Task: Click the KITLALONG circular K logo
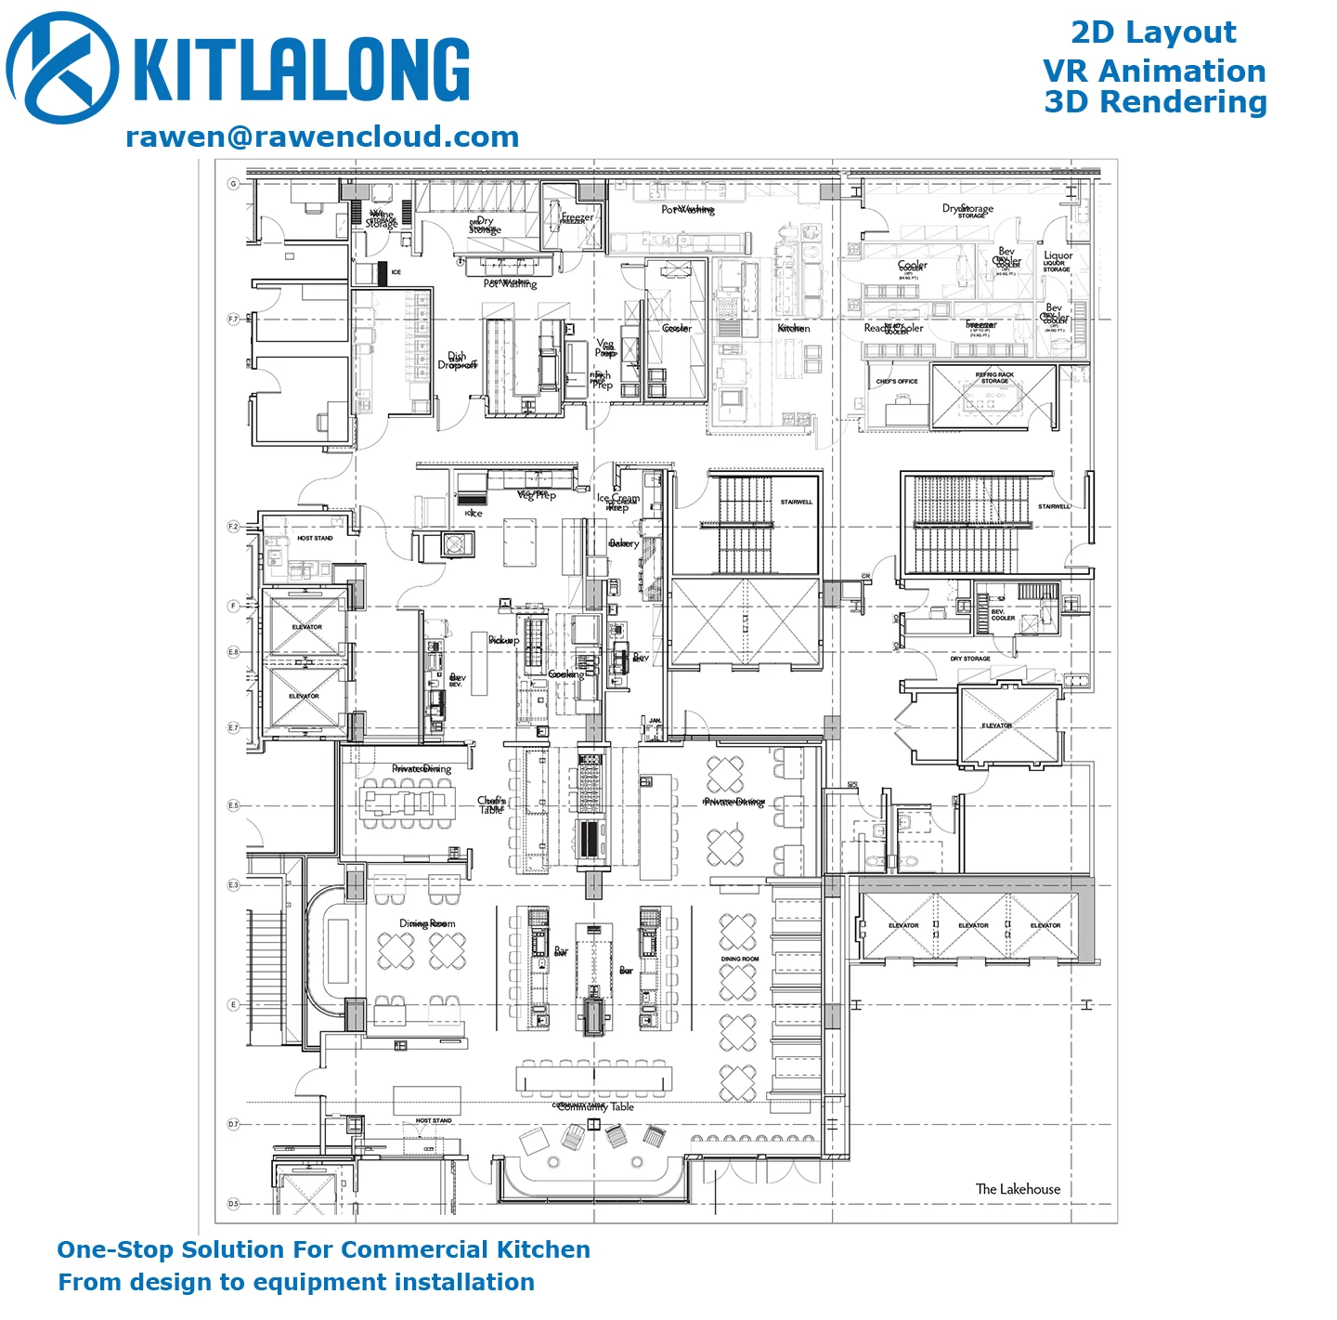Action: click(62, 68)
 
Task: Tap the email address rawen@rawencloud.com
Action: click(322, 137)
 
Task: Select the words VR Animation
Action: click(1154, 71)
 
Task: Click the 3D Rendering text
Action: click(1155, 102)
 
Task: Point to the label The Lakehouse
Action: click(1018, 1189)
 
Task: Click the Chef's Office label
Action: click(896, 382)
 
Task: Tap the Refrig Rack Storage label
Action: click(994, 378)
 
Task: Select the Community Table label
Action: click(594, 1106)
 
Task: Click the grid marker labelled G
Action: click(233, 184)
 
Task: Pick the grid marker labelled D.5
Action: click(233, 1204)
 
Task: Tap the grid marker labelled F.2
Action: click(233, 527)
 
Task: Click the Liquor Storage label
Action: click(1058, 261)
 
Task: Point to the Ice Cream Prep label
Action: click(617, 503)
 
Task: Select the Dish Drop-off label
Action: click(457, 360)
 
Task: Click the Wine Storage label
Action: click(382, 219)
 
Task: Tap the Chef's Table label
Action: click(491, 804)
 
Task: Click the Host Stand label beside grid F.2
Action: click(315, 539)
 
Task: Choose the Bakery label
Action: click(624, 543)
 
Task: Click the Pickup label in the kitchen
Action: click(503, 640)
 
